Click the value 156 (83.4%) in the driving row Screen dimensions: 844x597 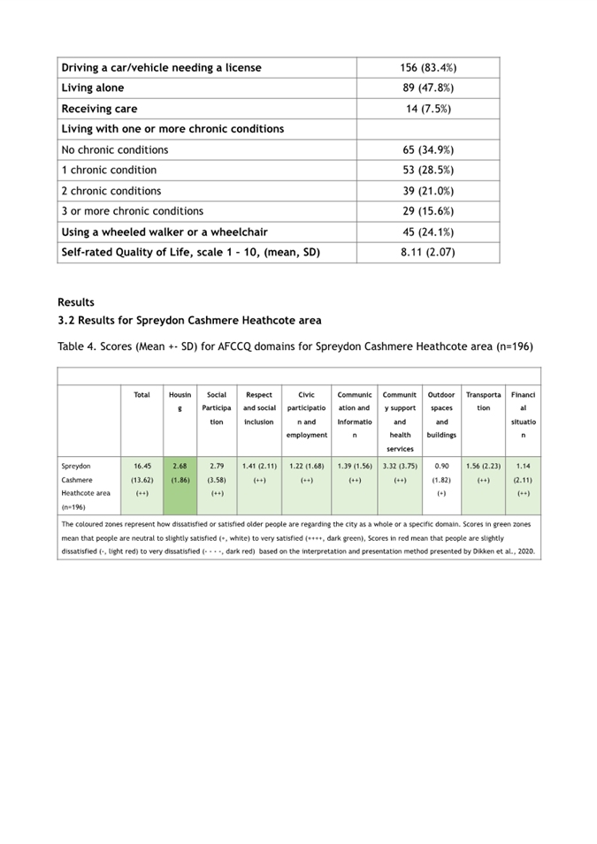point(428,68)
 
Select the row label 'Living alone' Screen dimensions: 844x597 point(93,88)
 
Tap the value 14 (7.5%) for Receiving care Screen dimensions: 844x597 point(428,109)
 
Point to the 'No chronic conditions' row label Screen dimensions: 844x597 point(115,149)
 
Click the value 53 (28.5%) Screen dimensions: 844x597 point(428,170)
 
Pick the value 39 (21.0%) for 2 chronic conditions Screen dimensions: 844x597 point(428,191)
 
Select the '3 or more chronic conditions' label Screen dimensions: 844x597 point(133,211)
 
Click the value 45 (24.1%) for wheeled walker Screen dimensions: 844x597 point(428,232)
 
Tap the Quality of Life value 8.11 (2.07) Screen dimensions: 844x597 point(428,252)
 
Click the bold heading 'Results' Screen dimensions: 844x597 point(76,302)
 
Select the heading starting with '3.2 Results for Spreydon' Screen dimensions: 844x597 point(189,320)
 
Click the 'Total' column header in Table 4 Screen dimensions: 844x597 point(142,395)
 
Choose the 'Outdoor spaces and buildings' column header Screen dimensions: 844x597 point(441,414)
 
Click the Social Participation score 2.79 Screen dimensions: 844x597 point(217,465)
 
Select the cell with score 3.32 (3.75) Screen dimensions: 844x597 point(400,465)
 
